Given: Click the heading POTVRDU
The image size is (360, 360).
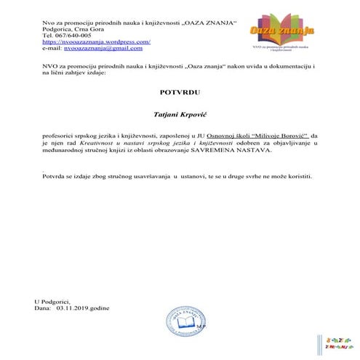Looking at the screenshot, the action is [x=180, y=92].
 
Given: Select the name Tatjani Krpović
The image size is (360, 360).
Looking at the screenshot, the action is [x=180, y=114].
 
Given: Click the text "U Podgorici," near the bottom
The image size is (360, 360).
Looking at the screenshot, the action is [x=52, y=301].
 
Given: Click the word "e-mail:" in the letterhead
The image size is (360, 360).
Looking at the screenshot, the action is [x=52, y=48].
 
